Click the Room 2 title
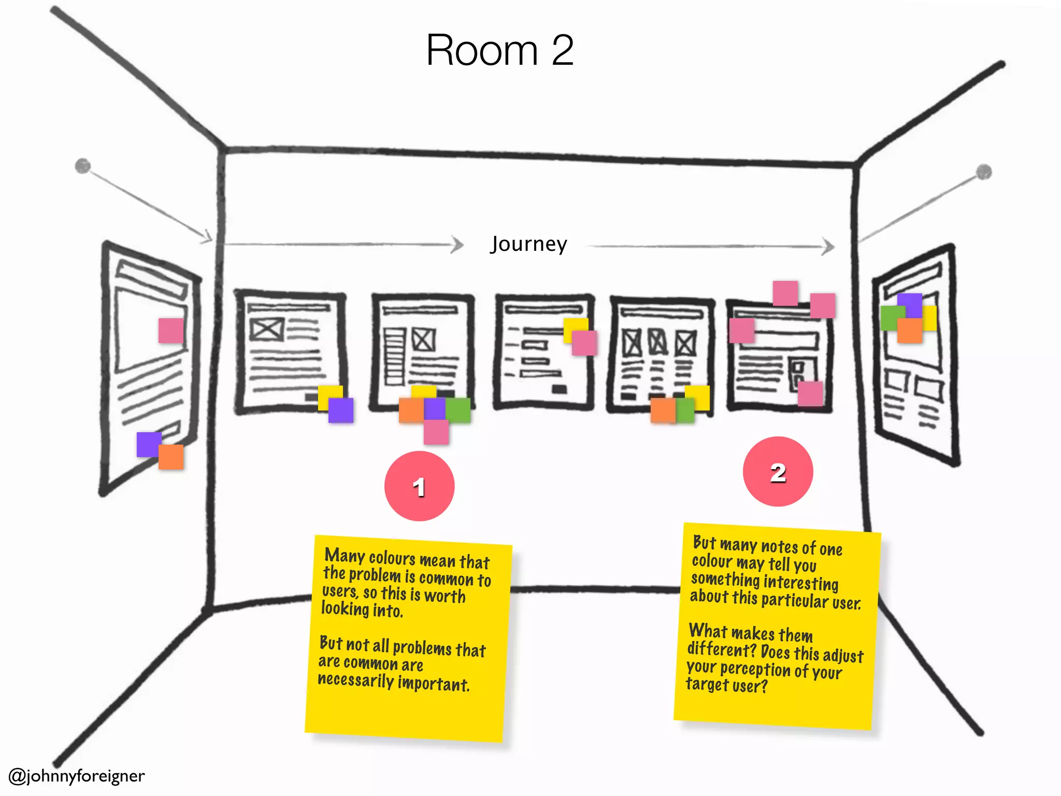499,50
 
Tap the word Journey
528,244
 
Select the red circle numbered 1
419,486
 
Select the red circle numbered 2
778,472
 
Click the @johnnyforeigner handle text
77,776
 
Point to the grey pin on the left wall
83,166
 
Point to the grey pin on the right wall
984,172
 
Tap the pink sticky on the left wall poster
171,330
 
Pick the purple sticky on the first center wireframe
341,410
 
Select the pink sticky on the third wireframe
584,343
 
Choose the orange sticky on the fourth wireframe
662,410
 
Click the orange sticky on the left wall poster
171,457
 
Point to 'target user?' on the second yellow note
726,685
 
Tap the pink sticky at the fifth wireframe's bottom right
810,394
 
